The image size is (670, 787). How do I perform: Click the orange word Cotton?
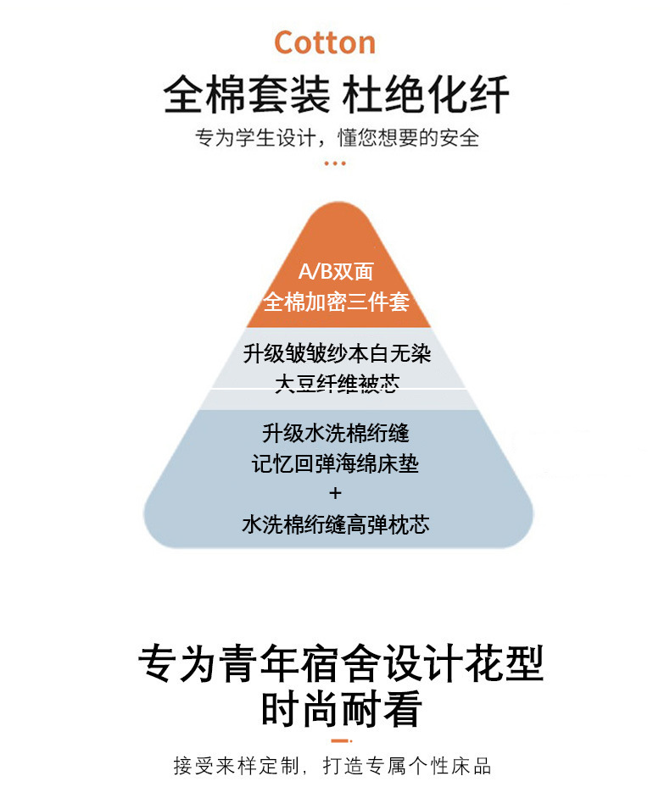pyautogui.click(x=325, y=42)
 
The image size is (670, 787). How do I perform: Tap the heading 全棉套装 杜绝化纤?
pyautogui.click(x=336, y=95)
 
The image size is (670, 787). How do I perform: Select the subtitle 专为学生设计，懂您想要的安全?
pyautogui.click(x=337, y=137)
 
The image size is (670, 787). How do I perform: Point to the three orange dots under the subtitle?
pyautogui.click(x=336, y=163)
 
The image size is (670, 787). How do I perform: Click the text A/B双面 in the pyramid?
pyautogui.click(x=336, y=272)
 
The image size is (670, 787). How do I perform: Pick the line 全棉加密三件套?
pyautogui.click(x=336, y=302)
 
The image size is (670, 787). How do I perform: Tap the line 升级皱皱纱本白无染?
pyautogui.click(x=337, y=353)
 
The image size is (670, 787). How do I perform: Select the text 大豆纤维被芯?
pyautogui.click(x=337, y=383)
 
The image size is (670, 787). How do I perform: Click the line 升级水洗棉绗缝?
pyautogui.click(x=336, y=434)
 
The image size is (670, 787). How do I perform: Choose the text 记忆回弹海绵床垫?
pyautogui.click(x=336, y=464)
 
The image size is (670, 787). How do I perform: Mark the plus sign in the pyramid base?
pyautogui.click(x=335, y=493)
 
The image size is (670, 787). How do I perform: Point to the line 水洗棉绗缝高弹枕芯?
pyautogui.click(x=336, y=524)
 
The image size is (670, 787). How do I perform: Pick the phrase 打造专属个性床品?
pyautogui.click(x=407, y=767)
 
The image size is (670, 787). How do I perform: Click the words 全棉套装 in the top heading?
pyautogui.click(x=246, y=95)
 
